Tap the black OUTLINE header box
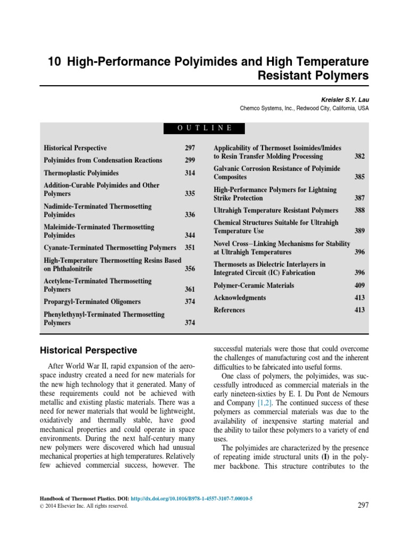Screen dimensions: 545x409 click(204, 128)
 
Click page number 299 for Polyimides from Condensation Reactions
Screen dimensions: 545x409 click(190, 160)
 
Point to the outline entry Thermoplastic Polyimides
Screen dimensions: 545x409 click(81, 173)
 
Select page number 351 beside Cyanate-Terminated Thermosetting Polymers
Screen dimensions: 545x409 click(190, 247)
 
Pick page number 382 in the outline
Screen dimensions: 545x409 click(359, 156)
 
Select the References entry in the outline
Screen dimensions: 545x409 click(229, 310)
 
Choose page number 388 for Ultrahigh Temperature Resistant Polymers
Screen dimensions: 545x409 click(359, 210)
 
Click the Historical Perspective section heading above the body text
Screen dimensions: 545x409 click(89, 350)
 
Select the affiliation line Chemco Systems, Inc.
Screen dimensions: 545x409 click(304, 108)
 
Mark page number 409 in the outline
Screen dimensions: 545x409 click(359, 285)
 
